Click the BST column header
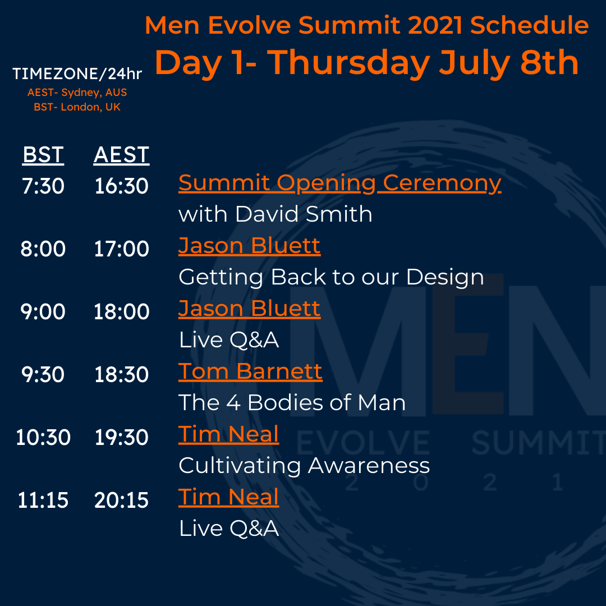tap(43, 155)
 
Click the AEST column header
tap(121, 155)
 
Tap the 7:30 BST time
tap(43, 186)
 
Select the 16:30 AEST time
tap(121, 186)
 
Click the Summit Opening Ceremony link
tap(339, 183)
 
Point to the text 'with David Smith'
tap(275, 214)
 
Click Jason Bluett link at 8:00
tap(249, 245)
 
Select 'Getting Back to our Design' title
tap(331, 277)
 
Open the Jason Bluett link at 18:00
tap(249, 309)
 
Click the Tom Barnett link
tap(250, 371)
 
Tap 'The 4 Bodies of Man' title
tap(292, 402)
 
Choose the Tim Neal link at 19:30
tap(228, 434)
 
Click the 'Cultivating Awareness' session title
tap(304, 465)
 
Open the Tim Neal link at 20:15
tap(228, 497)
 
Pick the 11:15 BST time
tap(43, 500)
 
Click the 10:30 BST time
tap(43, 438)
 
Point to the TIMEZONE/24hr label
tap(77, 74)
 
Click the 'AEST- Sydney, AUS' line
tap(77, 93)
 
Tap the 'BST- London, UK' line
tap(77, 107)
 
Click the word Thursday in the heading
tap(348, 63)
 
